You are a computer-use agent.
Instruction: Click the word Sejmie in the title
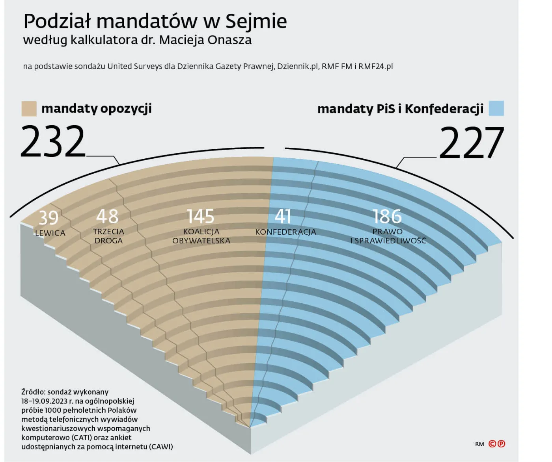[x=256, y=21]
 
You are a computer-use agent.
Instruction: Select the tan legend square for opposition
[x=29, y=108]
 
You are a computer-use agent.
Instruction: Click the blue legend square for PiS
[x=496, y=108]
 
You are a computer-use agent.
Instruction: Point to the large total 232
[x=53, y=141]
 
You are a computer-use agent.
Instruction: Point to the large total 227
[x=472, y=142]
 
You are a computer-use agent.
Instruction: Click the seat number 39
[x=48, y=218]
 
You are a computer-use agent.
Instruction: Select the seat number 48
[x=107, y=216]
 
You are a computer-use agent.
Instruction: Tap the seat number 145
[x=201, y=216]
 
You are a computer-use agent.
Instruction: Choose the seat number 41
[x=283, y=216]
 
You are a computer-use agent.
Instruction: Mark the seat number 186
[x=387, y=216]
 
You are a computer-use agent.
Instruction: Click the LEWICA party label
[x=50, y=233]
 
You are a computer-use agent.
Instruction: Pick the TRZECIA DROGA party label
[x=108, y=236]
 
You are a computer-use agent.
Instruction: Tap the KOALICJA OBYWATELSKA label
[x=201, y=236]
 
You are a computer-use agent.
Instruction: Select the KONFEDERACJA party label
[x=285, y=232]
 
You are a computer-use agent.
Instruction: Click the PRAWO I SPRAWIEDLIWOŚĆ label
[x=388, y=236]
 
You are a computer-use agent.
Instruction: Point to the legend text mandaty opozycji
[x=96, y=108]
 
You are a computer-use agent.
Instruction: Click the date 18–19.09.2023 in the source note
[x=44, y=401]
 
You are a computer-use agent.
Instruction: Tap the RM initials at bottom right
[x=479, y=444]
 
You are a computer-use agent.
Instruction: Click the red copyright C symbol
[x=492, y=444]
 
